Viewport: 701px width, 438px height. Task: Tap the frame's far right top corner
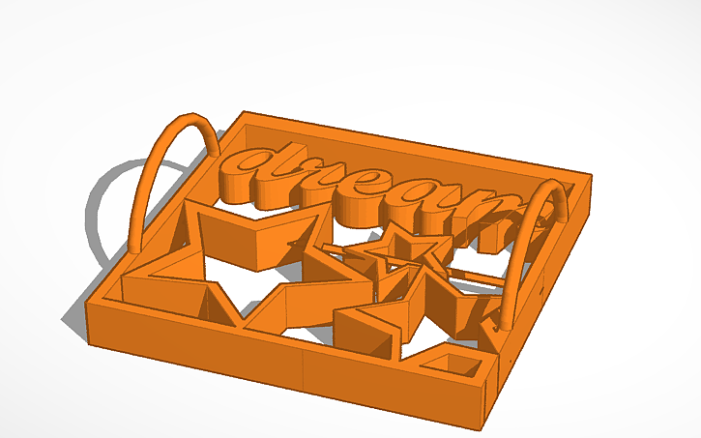[590, 176]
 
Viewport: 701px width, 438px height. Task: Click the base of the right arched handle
[503, 324]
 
